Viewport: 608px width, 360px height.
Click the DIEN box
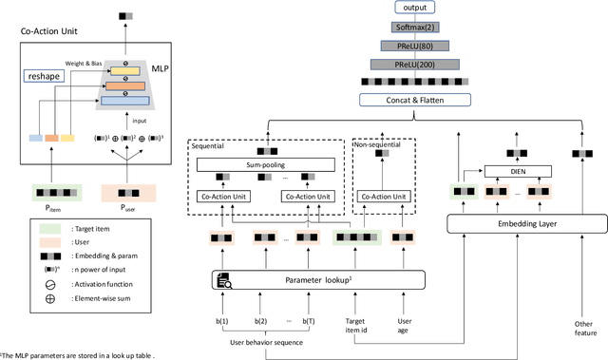518,172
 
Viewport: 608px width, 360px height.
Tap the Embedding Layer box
526,224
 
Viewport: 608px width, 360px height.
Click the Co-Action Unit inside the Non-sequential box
385,197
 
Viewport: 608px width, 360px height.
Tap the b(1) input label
222,323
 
